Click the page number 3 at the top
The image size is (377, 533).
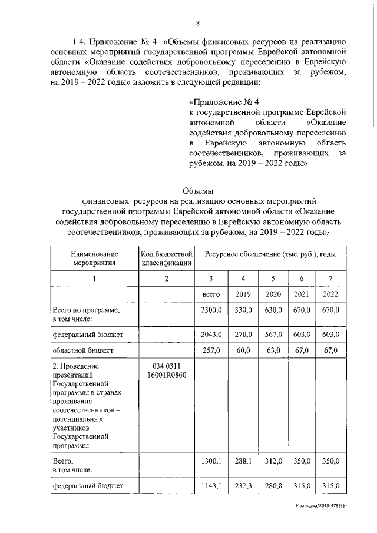(x=198, y=23)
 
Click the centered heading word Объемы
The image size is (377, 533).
(x=198, y=191)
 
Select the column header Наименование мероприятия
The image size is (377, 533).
(x=95, y=258)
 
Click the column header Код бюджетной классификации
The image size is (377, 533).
(x=167, y=258)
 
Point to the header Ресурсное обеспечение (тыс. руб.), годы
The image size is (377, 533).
(x=270, y=253)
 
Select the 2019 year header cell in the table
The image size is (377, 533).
(x=243, y=293)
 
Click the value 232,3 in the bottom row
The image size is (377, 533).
(x=243, y=486)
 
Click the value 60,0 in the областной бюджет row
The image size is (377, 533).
(x=243, y=350)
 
